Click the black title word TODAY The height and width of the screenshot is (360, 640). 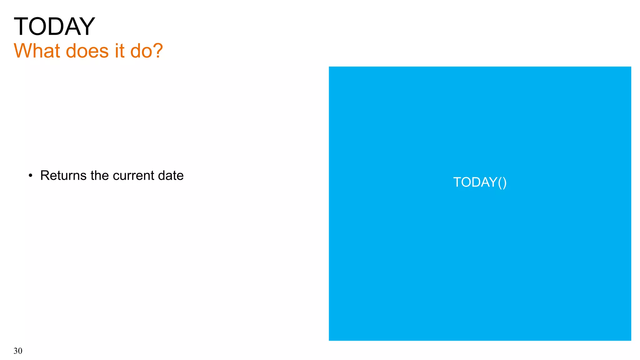[54, 27]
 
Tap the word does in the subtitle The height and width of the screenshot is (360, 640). [87, 51]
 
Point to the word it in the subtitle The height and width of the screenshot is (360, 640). [119, 51]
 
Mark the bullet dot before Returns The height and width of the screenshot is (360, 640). [30, 176]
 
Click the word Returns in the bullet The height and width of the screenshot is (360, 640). [63, 176]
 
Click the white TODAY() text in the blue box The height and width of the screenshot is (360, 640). [480, 182]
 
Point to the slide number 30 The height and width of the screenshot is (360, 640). [18, 351]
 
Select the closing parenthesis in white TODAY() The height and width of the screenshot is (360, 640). [504, 182]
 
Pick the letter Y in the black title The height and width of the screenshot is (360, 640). [87, 27]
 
